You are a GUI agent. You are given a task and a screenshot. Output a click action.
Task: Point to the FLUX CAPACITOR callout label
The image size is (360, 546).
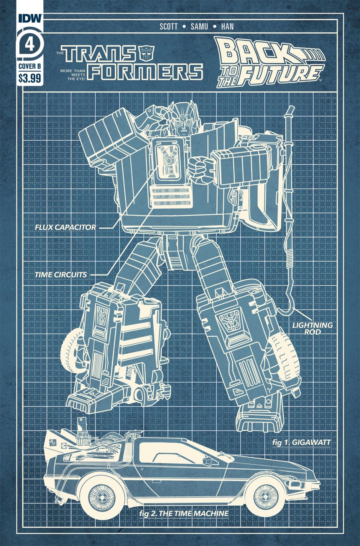[x=65, y=227]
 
